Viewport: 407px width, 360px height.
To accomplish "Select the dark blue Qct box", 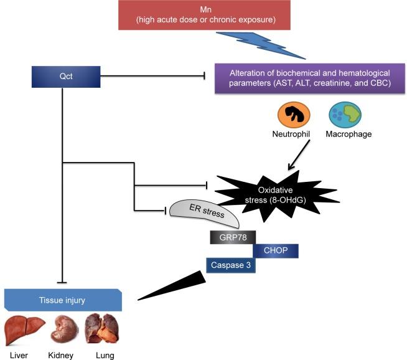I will click(63, 77).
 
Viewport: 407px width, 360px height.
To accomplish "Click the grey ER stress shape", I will click(205, 214).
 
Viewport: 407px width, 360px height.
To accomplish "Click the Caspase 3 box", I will click(232, 265).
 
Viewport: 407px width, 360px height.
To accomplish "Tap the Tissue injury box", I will click(63, 300).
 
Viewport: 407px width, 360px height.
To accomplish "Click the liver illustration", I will click(24, 329).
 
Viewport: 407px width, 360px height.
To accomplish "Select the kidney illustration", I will click(63, 329).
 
